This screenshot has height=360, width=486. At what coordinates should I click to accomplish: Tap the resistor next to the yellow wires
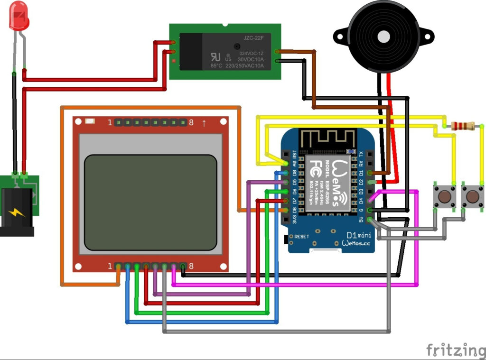pyautogui.click(x=463, y=126)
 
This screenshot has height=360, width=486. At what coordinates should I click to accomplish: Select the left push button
pyautogui.click(x=444, y=196)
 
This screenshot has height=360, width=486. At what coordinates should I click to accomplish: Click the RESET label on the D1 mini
pyautogui.click(x=301, y=236)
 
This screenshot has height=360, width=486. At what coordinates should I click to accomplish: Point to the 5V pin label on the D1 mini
pyautogui.click(x=362, y=220)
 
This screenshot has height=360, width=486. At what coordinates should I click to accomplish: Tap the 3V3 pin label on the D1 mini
pyautogui.click(x=295, y=220)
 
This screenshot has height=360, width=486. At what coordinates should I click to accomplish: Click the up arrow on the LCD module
pyautogui.click(x=204, y=123)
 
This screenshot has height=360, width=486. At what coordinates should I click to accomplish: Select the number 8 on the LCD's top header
pyautogui.click(x=191, y=123)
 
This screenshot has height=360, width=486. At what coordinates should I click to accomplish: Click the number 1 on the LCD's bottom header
pyautogui.click(x=110, y=267)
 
